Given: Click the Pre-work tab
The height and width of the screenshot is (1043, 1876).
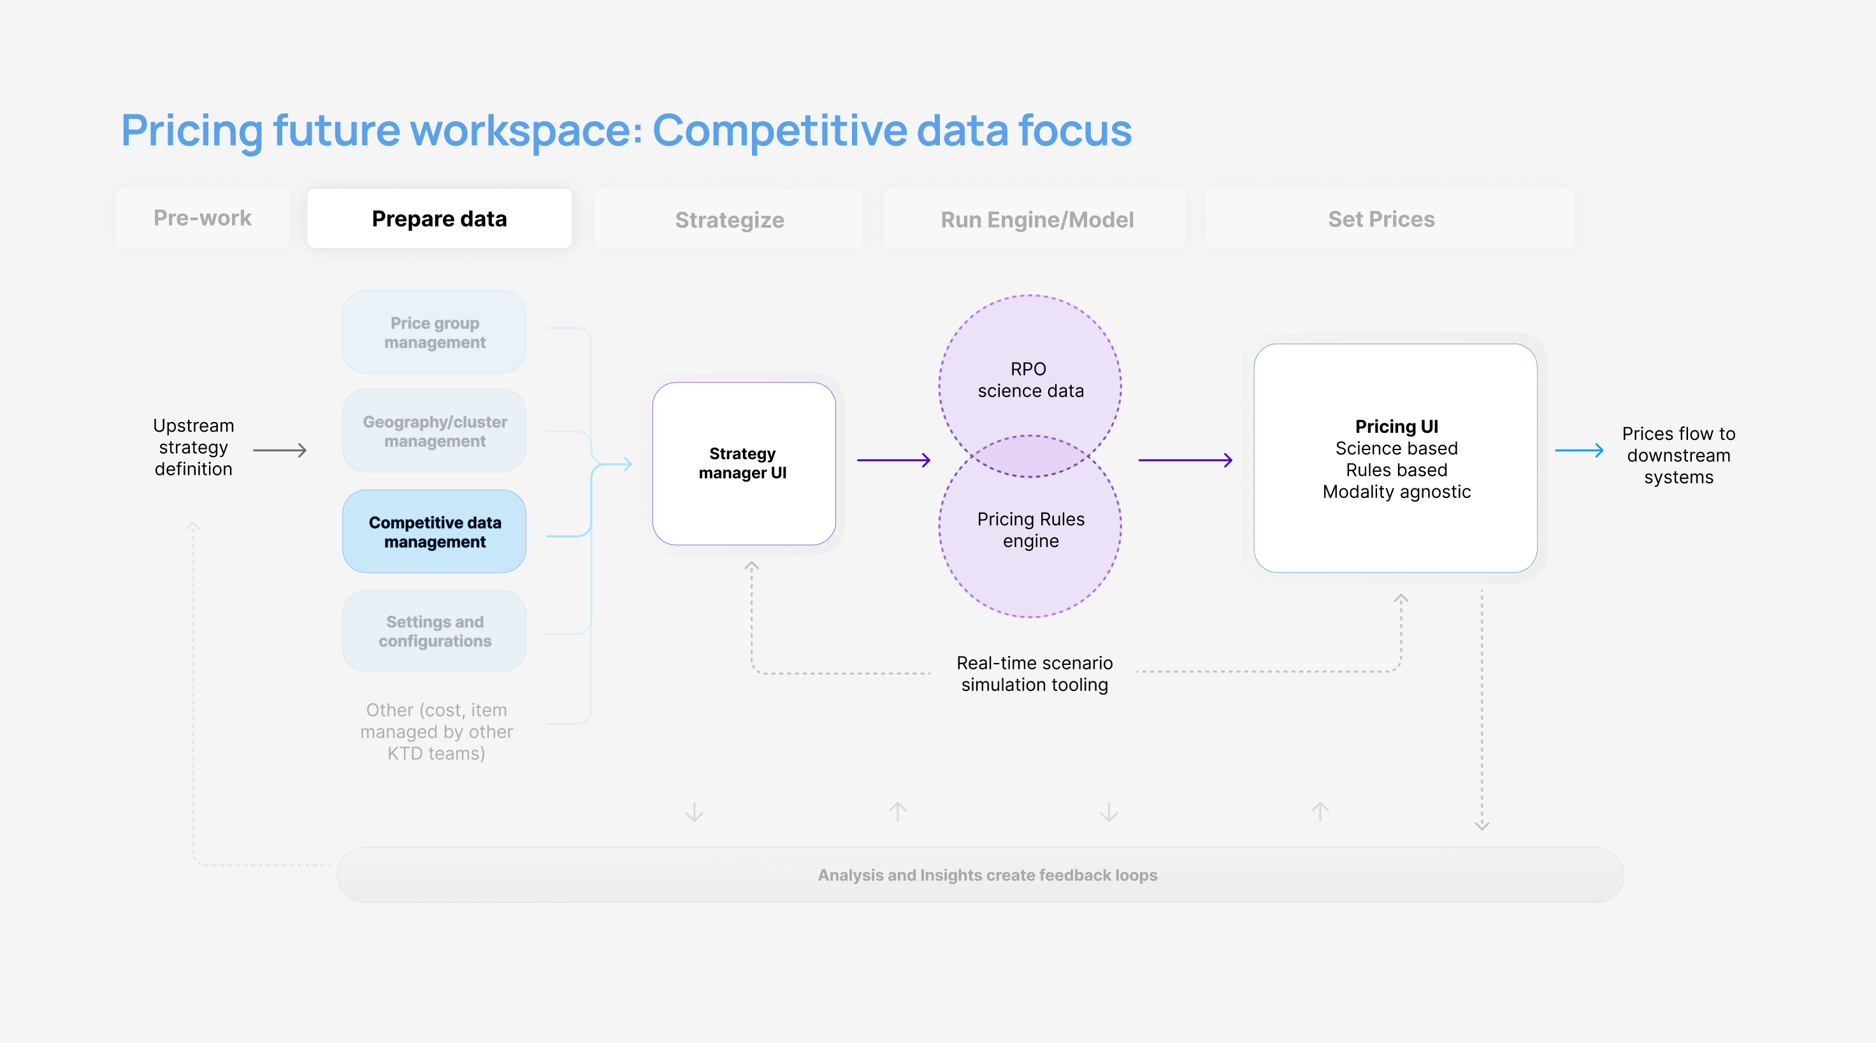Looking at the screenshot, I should [x=203, y=218].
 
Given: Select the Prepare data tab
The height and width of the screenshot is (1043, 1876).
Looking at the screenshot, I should [x=439, y=219].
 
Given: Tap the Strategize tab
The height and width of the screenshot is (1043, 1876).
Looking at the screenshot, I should [x=729, y=219].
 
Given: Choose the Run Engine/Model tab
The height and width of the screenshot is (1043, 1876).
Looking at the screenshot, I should [x=1036, y=219].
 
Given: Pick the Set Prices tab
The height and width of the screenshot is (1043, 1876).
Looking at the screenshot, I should [x=1381, y=219].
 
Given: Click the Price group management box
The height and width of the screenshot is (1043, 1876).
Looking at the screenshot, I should [x=435, y=332].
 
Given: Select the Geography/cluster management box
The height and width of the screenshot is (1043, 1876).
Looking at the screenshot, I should [x=435, y=431].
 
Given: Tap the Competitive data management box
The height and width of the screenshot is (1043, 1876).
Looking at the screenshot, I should [x=435, y=532].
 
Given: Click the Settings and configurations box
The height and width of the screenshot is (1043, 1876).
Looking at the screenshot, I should [x=435, y=631].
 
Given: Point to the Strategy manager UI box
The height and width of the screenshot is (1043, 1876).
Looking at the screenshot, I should [x=743, y=463].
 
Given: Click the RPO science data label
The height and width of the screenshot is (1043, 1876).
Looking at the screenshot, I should [x=1030, y=379].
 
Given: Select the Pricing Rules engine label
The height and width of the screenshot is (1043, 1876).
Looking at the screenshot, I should [x=1030, y=530].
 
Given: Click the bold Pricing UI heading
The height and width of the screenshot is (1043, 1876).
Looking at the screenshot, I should [x=1396, y=426].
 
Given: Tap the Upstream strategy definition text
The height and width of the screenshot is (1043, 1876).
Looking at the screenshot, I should [x=193, y=446].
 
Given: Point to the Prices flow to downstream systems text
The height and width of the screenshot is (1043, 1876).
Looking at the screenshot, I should [x=1678, y=455].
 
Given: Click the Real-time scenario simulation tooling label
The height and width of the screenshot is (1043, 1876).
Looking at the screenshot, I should [x=1034, y=673].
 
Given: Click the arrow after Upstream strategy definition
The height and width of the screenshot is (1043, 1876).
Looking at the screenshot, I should [x=280, y=450].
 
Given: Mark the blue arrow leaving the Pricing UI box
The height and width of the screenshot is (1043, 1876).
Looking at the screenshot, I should [x=1579, y=450].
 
